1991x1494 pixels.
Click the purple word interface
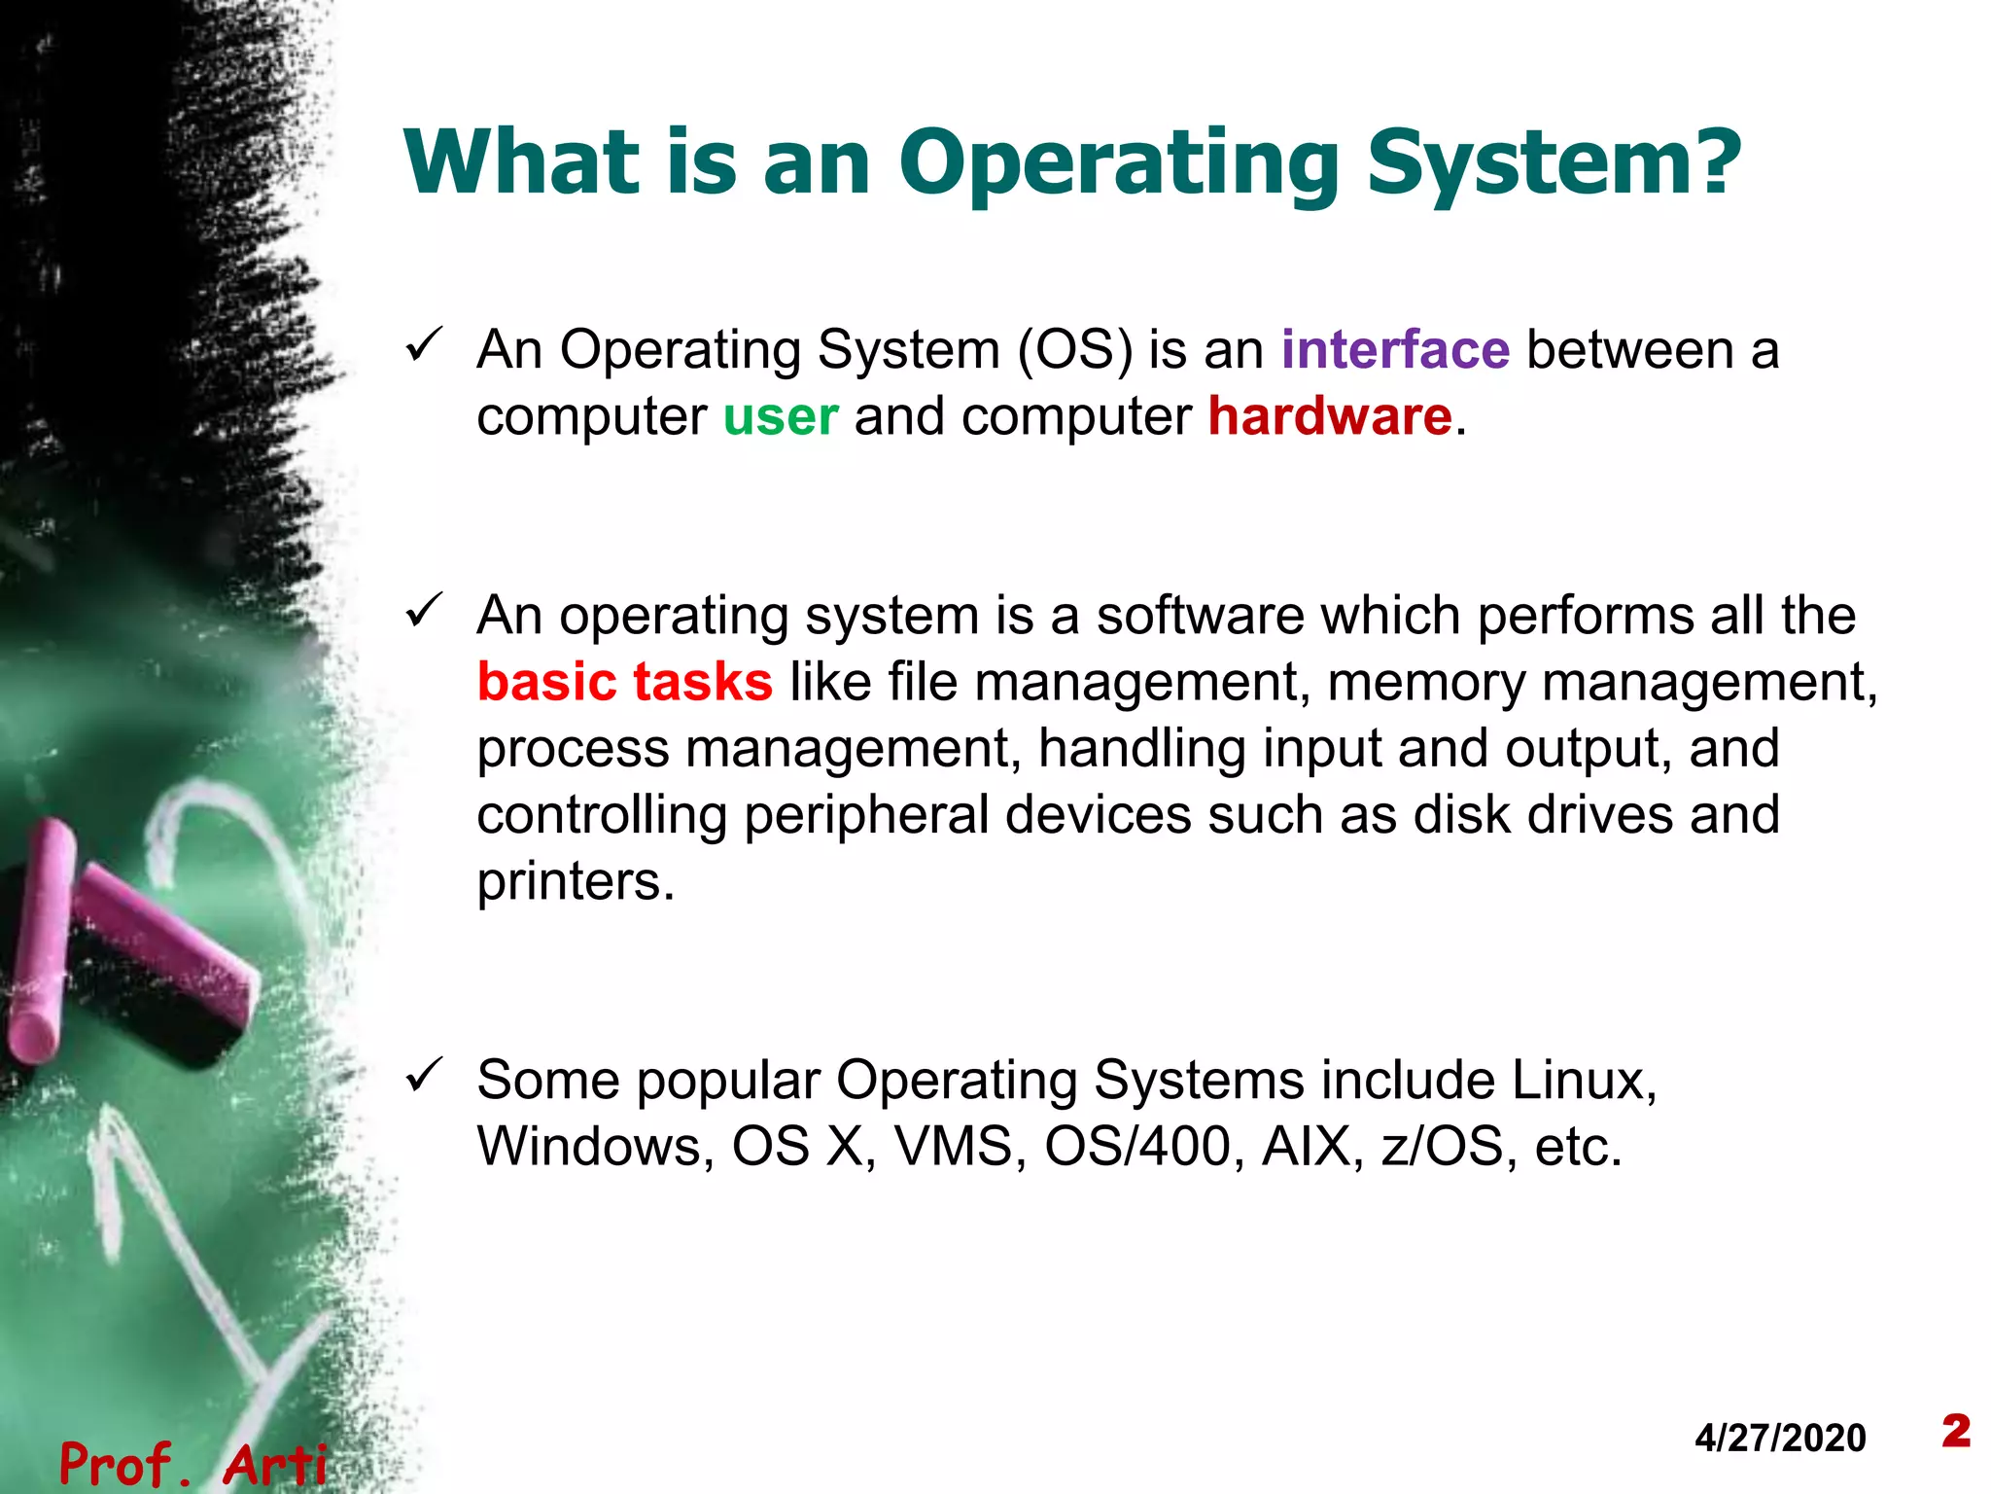click(1395, 350)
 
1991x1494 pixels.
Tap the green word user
click(781, 417)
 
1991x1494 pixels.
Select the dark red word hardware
click(1330, 417)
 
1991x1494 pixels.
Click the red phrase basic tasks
click(625, 682)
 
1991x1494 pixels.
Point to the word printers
click(575, 882)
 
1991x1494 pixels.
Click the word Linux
click(1584, 1081)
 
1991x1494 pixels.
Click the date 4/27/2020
click(1780, 1438)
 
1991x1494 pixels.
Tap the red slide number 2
click(1956, 1431)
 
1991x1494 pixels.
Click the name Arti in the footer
click(275, 1464)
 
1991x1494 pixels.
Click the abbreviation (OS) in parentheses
click(1074, 350)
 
